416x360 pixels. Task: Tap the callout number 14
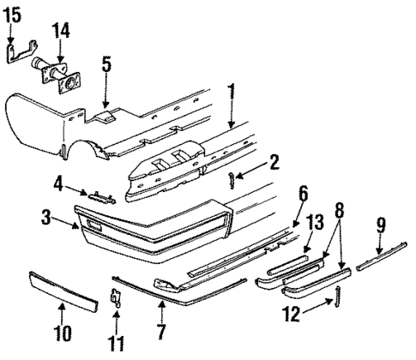tap(60, 32)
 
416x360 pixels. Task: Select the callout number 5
tap(106, 64)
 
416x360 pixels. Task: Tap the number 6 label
tap(303, 195)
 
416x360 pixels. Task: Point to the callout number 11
tap(118, 345)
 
